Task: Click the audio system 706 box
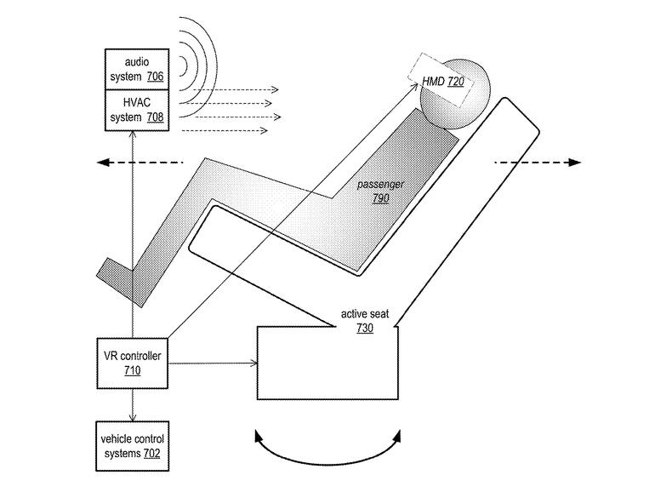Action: pyautogui.click(x=135, y=69)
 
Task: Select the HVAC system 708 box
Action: pyautogui.click(x=135, y=110)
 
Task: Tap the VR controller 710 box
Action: pyautogui.click(x=132, y=363)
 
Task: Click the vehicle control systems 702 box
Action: pyautogui.click(x=132, y=445)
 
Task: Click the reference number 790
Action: pyautogui.click(x=380, y=198)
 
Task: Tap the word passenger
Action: pyautogui.click(x=380, y=184)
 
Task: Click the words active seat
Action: pyautogui.click(x=365, y=314)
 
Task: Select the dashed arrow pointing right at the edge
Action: pyautogui.click(x=536, y=162)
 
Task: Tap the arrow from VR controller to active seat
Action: pyautogui.click(x=213, y=364)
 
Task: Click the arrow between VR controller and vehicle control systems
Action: pyautogui.click(x=132, y=403)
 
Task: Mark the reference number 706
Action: pyautogui.click(x=154, y=77)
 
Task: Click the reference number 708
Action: pyautogui.click(x=154, y=117)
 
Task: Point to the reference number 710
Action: pyautogui.click(x=132, y=371)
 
